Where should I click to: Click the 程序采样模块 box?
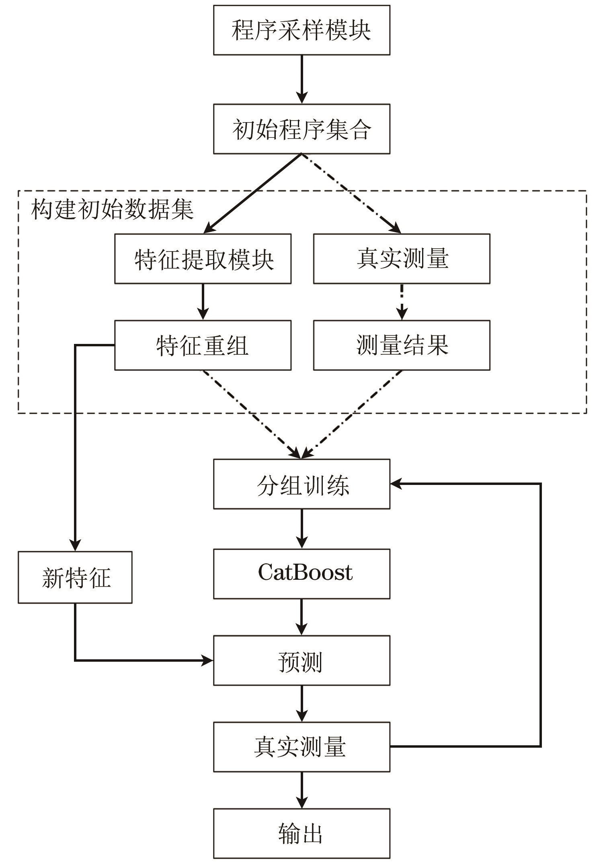click(x=301, y=30)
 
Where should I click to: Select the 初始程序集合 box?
click(x=301, y=129)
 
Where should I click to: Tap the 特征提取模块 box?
click(x=203, y=259)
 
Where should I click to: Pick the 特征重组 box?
click(x=203, y=345)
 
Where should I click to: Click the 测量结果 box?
click(x=402, y=345)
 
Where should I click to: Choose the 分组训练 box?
click(x=301, y=484)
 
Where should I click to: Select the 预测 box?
click(x=301, y=661)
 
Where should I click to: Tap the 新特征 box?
click(x=75, y=577)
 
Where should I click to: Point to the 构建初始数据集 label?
click(x=113, y=209)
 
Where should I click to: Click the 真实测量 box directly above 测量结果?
click(x=402, y=259)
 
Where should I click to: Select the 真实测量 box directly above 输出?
click(x=301, y=747)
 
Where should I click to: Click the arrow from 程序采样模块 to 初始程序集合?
click(x=301, y=80)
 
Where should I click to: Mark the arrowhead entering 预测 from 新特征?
click(x=207, y=660)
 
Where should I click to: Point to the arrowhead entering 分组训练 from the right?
click(x=396, y=484)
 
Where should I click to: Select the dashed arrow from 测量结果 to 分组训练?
click(x=351, y=415)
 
